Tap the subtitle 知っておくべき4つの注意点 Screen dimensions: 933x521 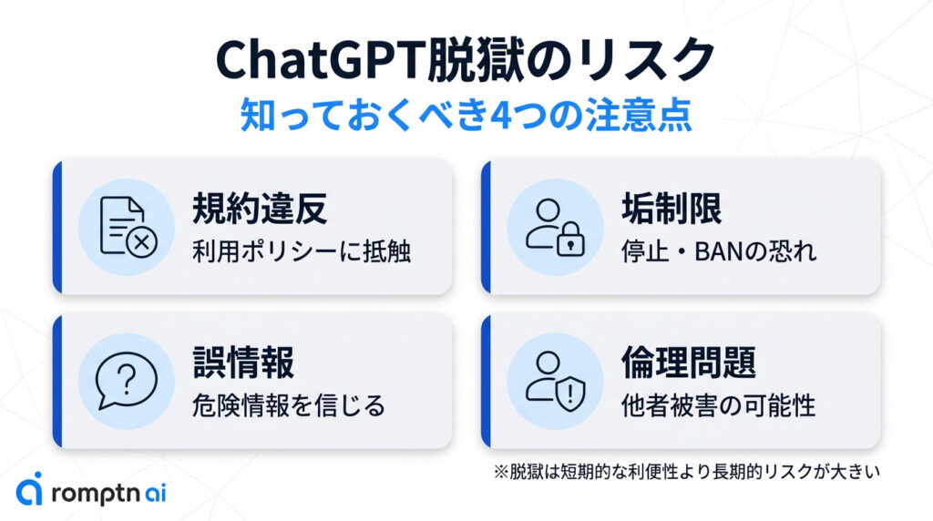[466, 115]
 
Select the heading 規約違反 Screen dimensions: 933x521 [260, 209]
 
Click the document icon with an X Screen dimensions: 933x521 [128, 227]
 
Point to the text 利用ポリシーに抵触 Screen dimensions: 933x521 [302, 251]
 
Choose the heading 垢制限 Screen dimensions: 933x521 [672, 209]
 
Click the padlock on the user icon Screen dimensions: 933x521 [570, 240]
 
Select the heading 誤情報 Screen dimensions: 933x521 [242, 363]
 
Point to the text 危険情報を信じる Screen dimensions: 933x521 [289, 405]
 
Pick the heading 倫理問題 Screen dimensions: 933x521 [689, 363]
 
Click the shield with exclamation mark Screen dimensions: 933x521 [570, 393]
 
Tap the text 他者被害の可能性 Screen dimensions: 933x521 [718, 405]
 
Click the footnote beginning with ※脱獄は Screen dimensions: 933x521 [687, 472]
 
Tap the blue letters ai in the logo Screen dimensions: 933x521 [155, 493]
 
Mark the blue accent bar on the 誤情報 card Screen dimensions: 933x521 [57, 381]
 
